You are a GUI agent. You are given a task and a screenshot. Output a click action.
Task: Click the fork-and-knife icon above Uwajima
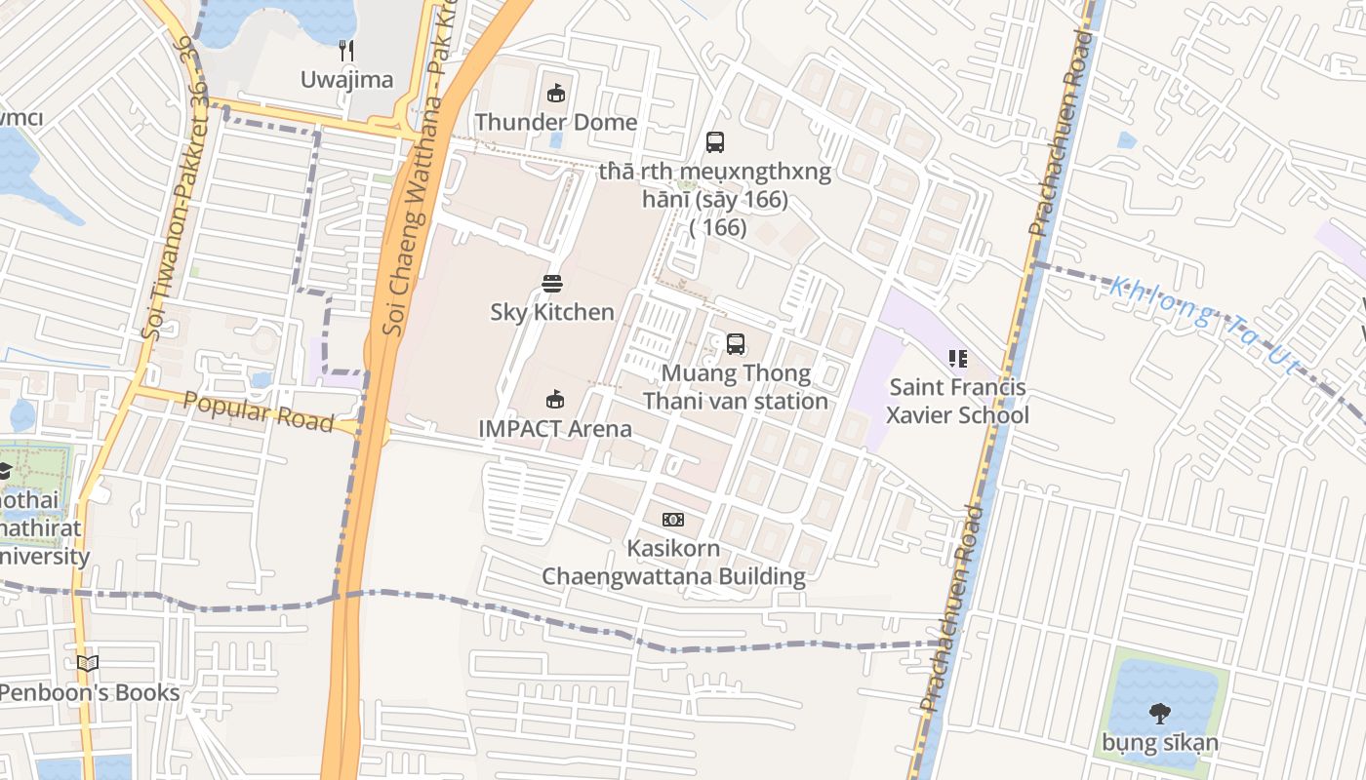tap(345, 51)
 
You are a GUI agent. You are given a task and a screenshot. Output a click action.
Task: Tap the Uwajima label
tap(346, 80)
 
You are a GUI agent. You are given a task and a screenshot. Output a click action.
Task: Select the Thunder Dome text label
tap(555, 123)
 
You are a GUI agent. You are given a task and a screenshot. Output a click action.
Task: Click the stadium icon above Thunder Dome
tap(555, 94)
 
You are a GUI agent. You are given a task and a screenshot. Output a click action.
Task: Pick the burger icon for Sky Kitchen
tap(552, 284)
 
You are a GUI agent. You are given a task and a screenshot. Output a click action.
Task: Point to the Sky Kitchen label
tap(552, 312)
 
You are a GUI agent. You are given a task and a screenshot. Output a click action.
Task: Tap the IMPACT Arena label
tap(554, 429)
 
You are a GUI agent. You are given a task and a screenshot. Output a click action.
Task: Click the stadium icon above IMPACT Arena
tap(554, 399)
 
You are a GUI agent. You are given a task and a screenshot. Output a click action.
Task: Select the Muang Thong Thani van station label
tap(735, 387)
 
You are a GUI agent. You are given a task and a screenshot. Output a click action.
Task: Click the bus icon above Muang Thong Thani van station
tap(735, 344)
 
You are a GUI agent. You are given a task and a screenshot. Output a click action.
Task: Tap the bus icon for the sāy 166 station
tap(715, 142)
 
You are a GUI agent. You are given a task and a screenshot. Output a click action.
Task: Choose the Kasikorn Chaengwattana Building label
tap(673, 563)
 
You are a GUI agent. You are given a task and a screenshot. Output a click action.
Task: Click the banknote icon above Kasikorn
tap(673, 520)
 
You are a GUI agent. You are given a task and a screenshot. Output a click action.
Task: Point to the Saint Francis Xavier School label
tap(957, 402)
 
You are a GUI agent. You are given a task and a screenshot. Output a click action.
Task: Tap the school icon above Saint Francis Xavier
tap(957, 359)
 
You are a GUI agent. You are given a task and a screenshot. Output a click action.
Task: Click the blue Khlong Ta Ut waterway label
tap(1204, 321)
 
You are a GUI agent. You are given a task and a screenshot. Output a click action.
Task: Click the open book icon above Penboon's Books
tap(88, 664)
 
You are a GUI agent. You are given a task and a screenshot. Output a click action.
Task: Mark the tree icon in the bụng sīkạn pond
tap(1160, 713)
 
